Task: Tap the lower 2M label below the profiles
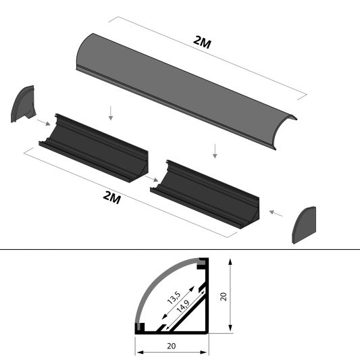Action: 111,197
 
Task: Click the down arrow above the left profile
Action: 111,113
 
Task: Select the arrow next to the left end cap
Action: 41,123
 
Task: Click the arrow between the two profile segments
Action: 151,178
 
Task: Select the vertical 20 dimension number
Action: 224,295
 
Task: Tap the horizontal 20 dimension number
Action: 171,346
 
